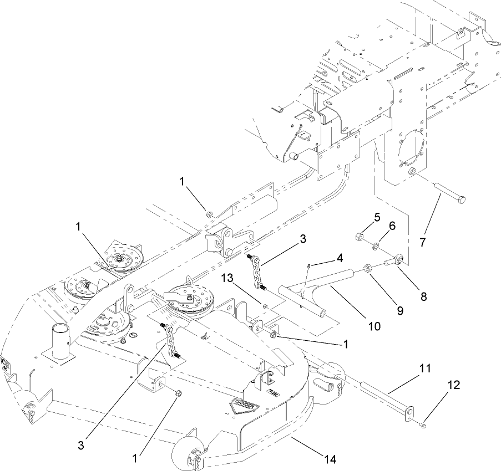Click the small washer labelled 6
[376, 244]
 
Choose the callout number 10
[374, 326]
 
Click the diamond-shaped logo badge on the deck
[244, 406]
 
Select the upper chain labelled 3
[257, 272]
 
